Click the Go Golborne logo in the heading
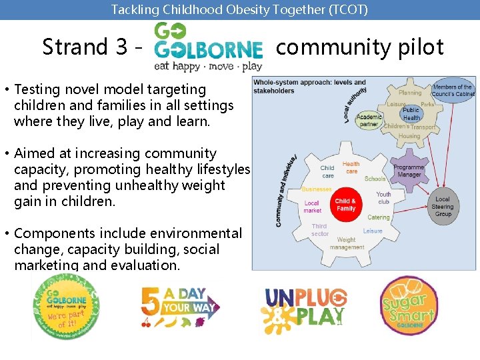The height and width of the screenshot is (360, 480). pyautogui.click(x=208, y=46)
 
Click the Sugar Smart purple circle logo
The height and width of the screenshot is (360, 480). pyautogui.click(x=409, y=307)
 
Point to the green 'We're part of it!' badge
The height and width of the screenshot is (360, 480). pyautogui.click(x=66, y=307)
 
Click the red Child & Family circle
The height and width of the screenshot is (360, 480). pyautogui.click(x=345, y=205)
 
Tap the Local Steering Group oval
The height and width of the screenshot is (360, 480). pyautogui.click(x=443, y=207)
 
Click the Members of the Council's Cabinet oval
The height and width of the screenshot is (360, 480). pyautogui.click(x=453, y=91)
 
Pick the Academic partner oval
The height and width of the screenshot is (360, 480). pyautogui.click(x=369, y=121)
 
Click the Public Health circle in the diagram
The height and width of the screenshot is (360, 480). pyautogui.click(x=411, y=114)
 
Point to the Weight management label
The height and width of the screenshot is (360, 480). pyautogui.click(x=346, y=243)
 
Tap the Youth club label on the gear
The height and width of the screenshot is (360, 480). pyautogui.click(x=383, y=198)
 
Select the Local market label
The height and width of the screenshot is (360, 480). pyautogui.click(x=312, y=207)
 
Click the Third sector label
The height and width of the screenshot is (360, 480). pyautogui.click(x=320, y=230)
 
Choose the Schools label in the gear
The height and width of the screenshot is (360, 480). pyautogui.click(x=375, y=179)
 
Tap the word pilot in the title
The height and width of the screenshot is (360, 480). pyautogui.click(x=420, y=47)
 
